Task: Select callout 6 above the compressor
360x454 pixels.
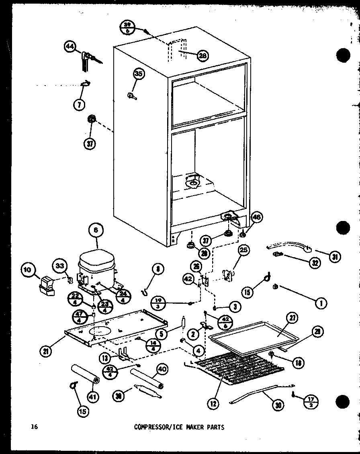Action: pos(96,231)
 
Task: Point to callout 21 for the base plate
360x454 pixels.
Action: pos(47,351)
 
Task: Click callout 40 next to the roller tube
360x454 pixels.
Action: pos(162,369)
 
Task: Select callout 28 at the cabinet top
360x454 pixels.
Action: pos(202,56)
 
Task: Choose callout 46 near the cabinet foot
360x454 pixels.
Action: pos(256,218)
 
